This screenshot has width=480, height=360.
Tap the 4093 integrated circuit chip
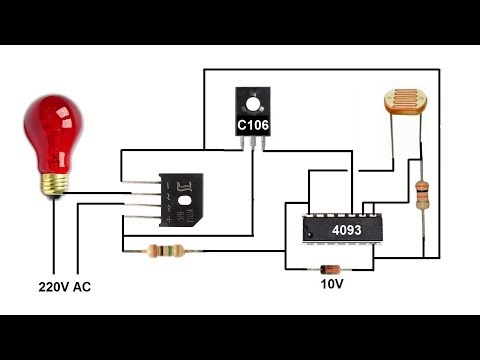[x=337, y=229]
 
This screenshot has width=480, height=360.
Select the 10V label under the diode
[x=331, y=285]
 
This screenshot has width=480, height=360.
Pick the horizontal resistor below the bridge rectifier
[x=164, y=251]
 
